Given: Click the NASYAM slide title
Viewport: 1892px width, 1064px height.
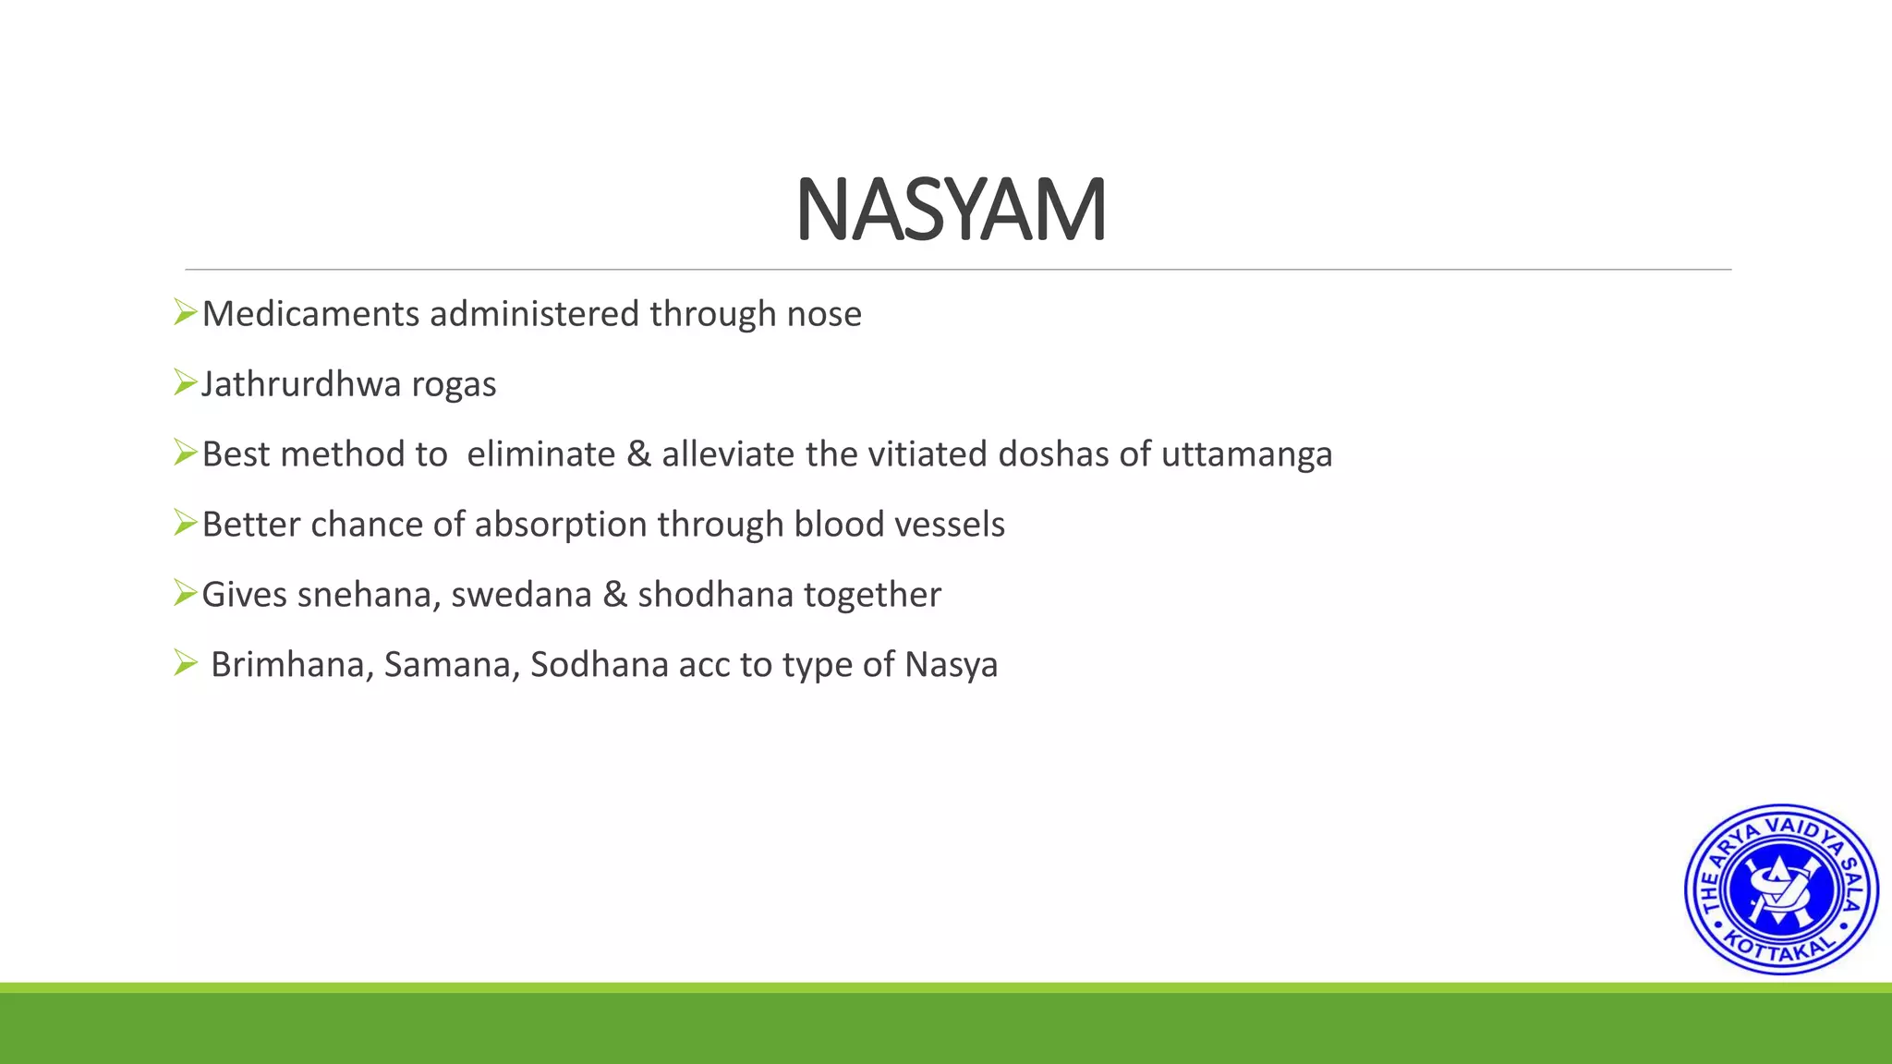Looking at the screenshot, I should click(951, 211).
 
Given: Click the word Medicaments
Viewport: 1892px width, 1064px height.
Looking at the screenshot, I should click(310, 314).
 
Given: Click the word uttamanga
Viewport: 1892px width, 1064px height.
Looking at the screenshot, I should click(1246, 455).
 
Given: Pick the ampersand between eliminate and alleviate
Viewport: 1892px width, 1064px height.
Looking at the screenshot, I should click(637, 454).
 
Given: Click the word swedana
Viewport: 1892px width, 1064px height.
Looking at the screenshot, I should click(521, 595).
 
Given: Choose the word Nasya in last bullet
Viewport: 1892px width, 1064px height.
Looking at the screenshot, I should click(952, 666).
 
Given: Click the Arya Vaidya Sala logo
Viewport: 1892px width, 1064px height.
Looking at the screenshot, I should click(1780, 889).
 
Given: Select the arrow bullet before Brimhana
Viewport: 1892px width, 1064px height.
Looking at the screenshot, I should click(185, 662).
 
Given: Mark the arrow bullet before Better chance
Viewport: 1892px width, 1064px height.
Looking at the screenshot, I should click(185, 523).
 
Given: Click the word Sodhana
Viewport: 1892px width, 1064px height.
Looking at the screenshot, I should click(599, 665).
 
